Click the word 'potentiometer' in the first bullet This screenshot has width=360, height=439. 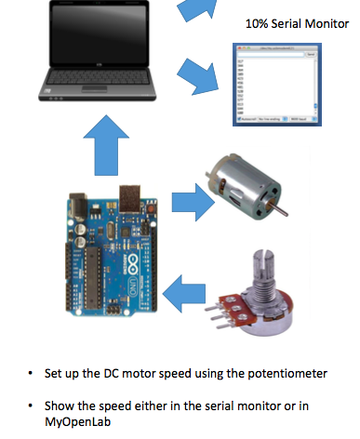click(269, 374)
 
